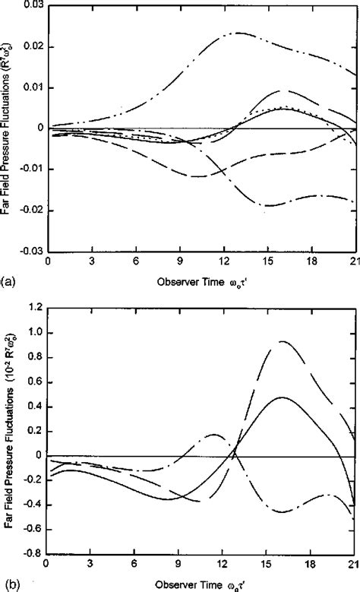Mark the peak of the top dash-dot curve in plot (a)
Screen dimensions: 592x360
[x=238, y=33]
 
